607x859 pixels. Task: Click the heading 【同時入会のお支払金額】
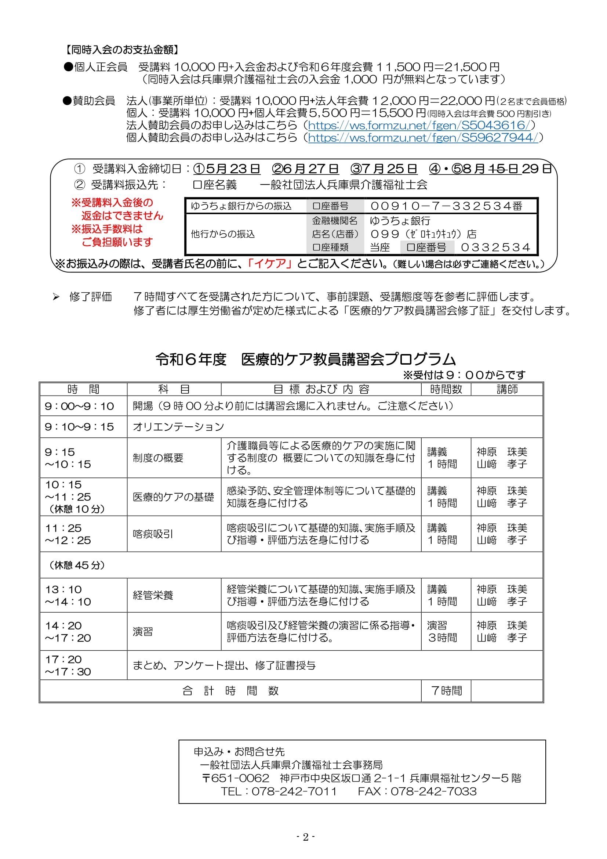point(122,49)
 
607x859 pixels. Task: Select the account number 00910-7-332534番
point(446,206)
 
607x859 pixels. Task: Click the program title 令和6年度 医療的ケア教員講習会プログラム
point(305,359)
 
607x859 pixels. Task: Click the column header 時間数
point(446,389)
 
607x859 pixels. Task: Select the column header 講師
point(507,389)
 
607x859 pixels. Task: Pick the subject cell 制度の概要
point(158,458)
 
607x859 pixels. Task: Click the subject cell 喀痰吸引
point(153,534)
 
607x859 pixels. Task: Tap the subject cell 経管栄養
point(153,595)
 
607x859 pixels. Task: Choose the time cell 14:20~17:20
point(68,632)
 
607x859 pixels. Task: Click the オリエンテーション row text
point(178,427)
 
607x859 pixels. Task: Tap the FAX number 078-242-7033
point(433,791)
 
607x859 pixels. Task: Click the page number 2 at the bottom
point(305,837)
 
